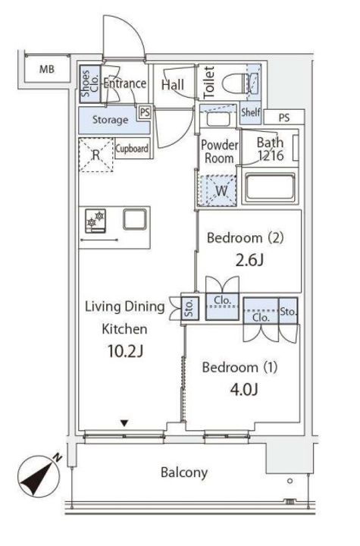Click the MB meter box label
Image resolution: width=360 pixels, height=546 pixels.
pos(47,69)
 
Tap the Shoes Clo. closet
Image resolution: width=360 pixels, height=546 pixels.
pos(90,84)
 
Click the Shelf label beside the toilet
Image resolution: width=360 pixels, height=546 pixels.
pos(251,112)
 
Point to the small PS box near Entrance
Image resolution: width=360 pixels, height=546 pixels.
pos(145,112)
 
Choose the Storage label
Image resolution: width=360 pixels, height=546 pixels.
pos(110,120)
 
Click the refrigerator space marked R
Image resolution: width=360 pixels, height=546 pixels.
pos(96,155)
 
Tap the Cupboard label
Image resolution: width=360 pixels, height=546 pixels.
pos(132,149)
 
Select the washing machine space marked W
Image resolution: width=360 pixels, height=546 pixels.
pos(218,190)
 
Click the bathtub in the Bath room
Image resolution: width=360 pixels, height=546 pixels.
pos(271,187)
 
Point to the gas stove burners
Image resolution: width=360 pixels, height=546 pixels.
pos(95,221)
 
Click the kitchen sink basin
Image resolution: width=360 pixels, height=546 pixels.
pos(135,219)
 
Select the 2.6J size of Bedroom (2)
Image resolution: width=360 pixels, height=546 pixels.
pos(249,260)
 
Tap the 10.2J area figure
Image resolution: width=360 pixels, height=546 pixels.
pos(125,351)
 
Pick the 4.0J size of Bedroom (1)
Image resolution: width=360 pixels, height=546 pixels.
pos(244,389)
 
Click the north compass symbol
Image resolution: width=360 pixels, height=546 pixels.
pos(39,475)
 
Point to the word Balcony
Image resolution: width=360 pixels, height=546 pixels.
pos(184,472)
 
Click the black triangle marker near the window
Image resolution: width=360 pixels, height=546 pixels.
pos(124,423)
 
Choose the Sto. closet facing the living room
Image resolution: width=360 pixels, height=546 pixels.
pos(190,308)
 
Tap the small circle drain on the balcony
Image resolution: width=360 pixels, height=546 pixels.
pos(290,481)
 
